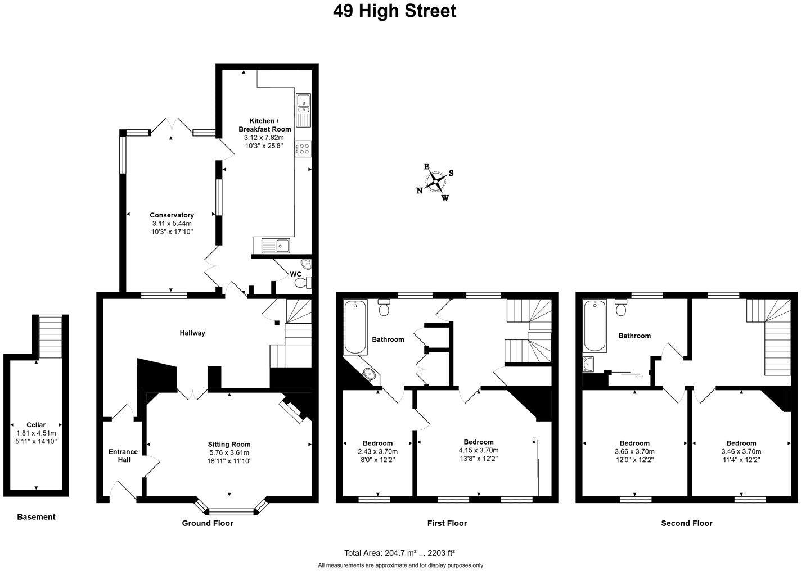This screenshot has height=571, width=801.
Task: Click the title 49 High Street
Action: click(394, 11)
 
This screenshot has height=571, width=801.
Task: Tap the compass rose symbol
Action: click(435, 181)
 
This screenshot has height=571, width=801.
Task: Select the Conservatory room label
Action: click(172, 215)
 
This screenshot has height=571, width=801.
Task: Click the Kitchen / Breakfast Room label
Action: click(263, 125)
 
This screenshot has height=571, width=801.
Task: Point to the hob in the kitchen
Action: click(303, 149)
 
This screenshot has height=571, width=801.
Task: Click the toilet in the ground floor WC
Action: click(304, 283)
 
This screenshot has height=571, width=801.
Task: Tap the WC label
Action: click(295, 274)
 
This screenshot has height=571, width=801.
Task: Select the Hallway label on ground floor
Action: click(192, 333)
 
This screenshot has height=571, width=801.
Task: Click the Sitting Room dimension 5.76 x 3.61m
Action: click(229, 452)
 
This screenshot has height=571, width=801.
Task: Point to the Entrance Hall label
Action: click(123, 456)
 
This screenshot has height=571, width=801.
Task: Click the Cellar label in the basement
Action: click(36, 425)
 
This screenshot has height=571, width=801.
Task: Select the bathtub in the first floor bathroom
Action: click(355, 327)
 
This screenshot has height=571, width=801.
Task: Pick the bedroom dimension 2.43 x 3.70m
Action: click(377, 451)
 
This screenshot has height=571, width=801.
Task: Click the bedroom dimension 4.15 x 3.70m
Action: click(478, 450)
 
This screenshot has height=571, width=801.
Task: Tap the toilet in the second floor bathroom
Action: click(621, 307)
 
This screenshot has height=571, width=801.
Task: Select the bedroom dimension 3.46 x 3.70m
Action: click(741, 451)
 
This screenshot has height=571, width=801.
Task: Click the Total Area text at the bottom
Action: click(399, 553)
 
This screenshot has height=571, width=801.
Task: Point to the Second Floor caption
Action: click(686, 523)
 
